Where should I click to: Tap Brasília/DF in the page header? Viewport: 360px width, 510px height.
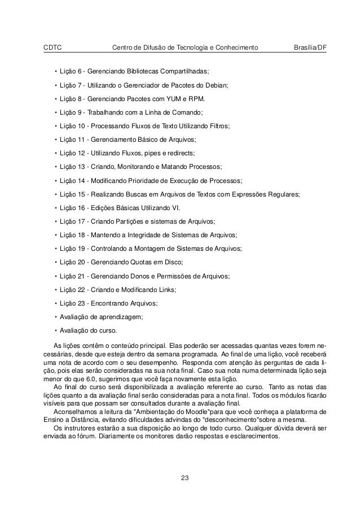310,47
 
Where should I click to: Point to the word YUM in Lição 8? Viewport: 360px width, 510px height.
168,99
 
